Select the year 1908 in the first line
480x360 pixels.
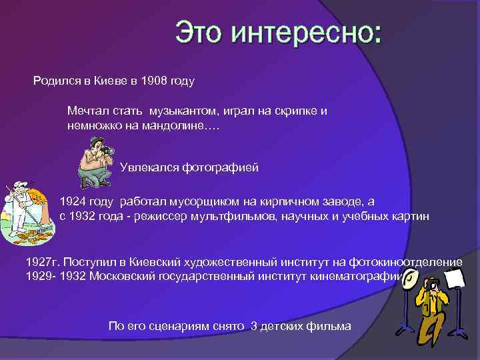155,82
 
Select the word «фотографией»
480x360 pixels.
221,167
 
